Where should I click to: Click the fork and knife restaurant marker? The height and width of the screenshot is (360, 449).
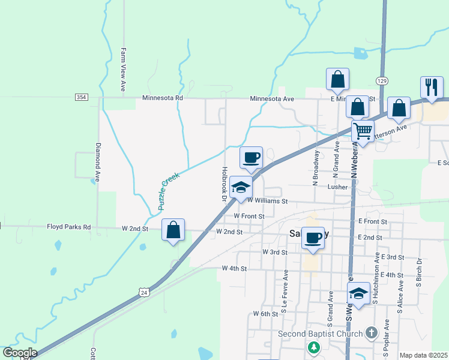[431, 88]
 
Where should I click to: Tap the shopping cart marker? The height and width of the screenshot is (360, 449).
[363, 130]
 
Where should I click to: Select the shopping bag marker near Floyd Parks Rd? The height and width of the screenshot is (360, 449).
[173, 230]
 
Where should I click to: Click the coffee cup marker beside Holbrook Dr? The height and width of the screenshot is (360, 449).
[251, 157]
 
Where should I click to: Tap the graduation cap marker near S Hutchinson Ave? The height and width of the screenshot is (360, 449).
[358, 293]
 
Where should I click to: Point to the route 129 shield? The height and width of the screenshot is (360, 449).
[382, 80]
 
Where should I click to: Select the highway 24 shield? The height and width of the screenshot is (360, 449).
[143, 292]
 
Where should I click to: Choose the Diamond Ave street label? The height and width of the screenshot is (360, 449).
[97, 162]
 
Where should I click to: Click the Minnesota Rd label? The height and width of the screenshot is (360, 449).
[162, 98]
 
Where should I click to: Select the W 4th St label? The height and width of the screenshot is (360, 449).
[234, 268]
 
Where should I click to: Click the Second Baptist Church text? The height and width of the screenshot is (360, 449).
[320, 334]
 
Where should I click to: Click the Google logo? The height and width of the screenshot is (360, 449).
[20, 353]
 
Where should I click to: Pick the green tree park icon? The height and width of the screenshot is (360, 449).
[313, 347]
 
